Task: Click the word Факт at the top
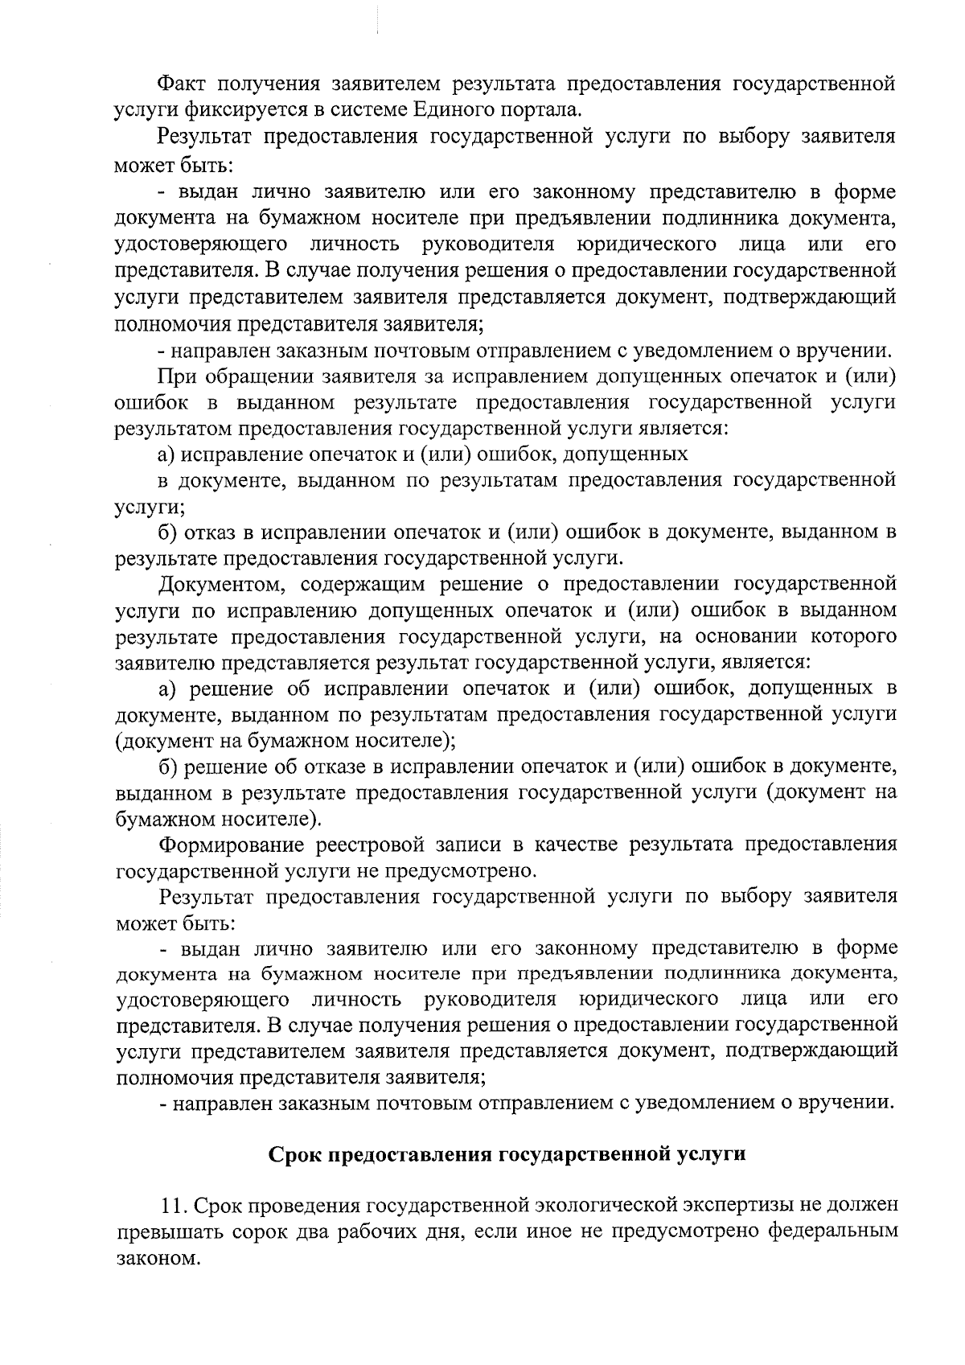click(x=183, y=84)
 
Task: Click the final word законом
click(x=155, y=1258)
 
